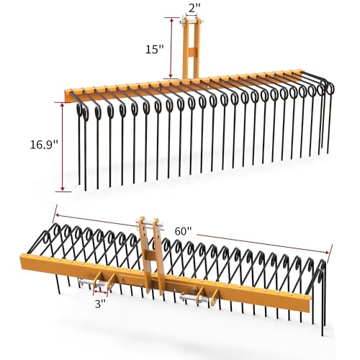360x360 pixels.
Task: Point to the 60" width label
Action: [x=183, y=231]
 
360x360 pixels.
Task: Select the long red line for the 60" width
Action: [x=194, y=232]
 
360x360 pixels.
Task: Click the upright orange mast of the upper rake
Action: [x=191, y=58]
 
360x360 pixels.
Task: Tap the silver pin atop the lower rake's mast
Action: [x=148, y=220]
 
